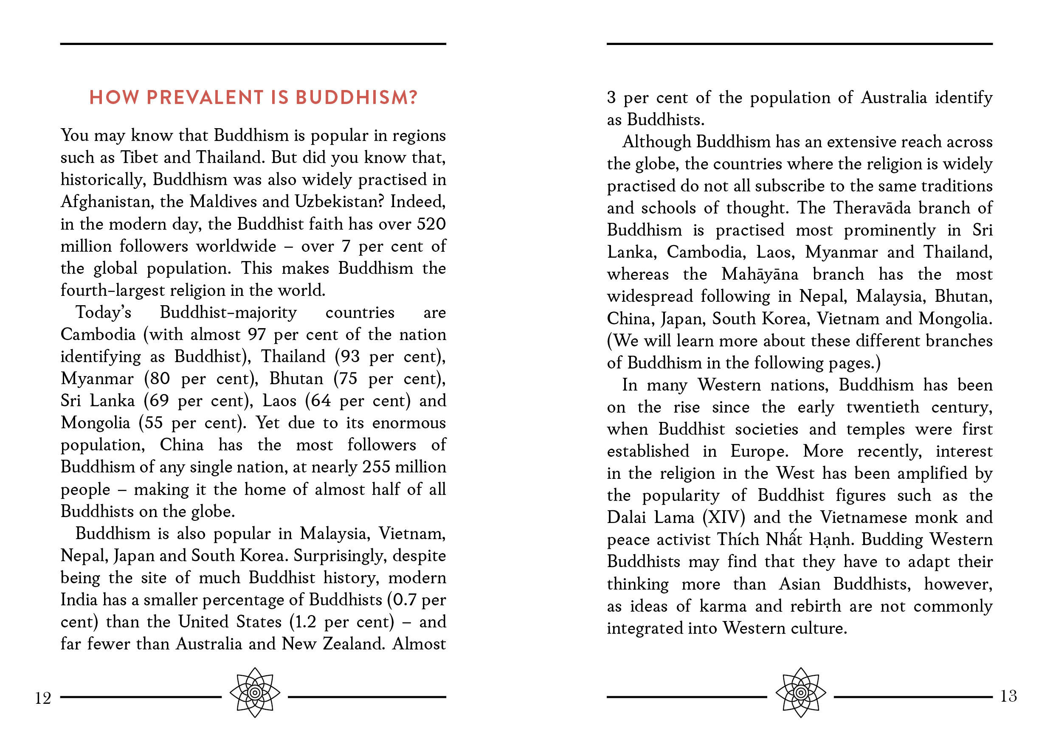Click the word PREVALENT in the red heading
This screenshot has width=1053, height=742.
pos(205,97)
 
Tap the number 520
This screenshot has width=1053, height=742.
pos(431,224)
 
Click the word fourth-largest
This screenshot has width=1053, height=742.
pos(113,290)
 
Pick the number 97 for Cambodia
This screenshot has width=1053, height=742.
pos(256,334)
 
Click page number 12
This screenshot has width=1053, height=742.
pos(42,698)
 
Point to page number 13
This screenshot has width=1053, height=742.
pos(1008,696)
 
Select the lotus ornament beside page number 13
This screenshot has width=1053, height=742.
pos(801,692)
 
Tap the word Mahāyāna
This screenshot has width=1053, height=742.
pos(760,274)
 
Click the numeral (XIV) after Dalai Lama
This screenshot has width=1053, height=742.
pos(723,517)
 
